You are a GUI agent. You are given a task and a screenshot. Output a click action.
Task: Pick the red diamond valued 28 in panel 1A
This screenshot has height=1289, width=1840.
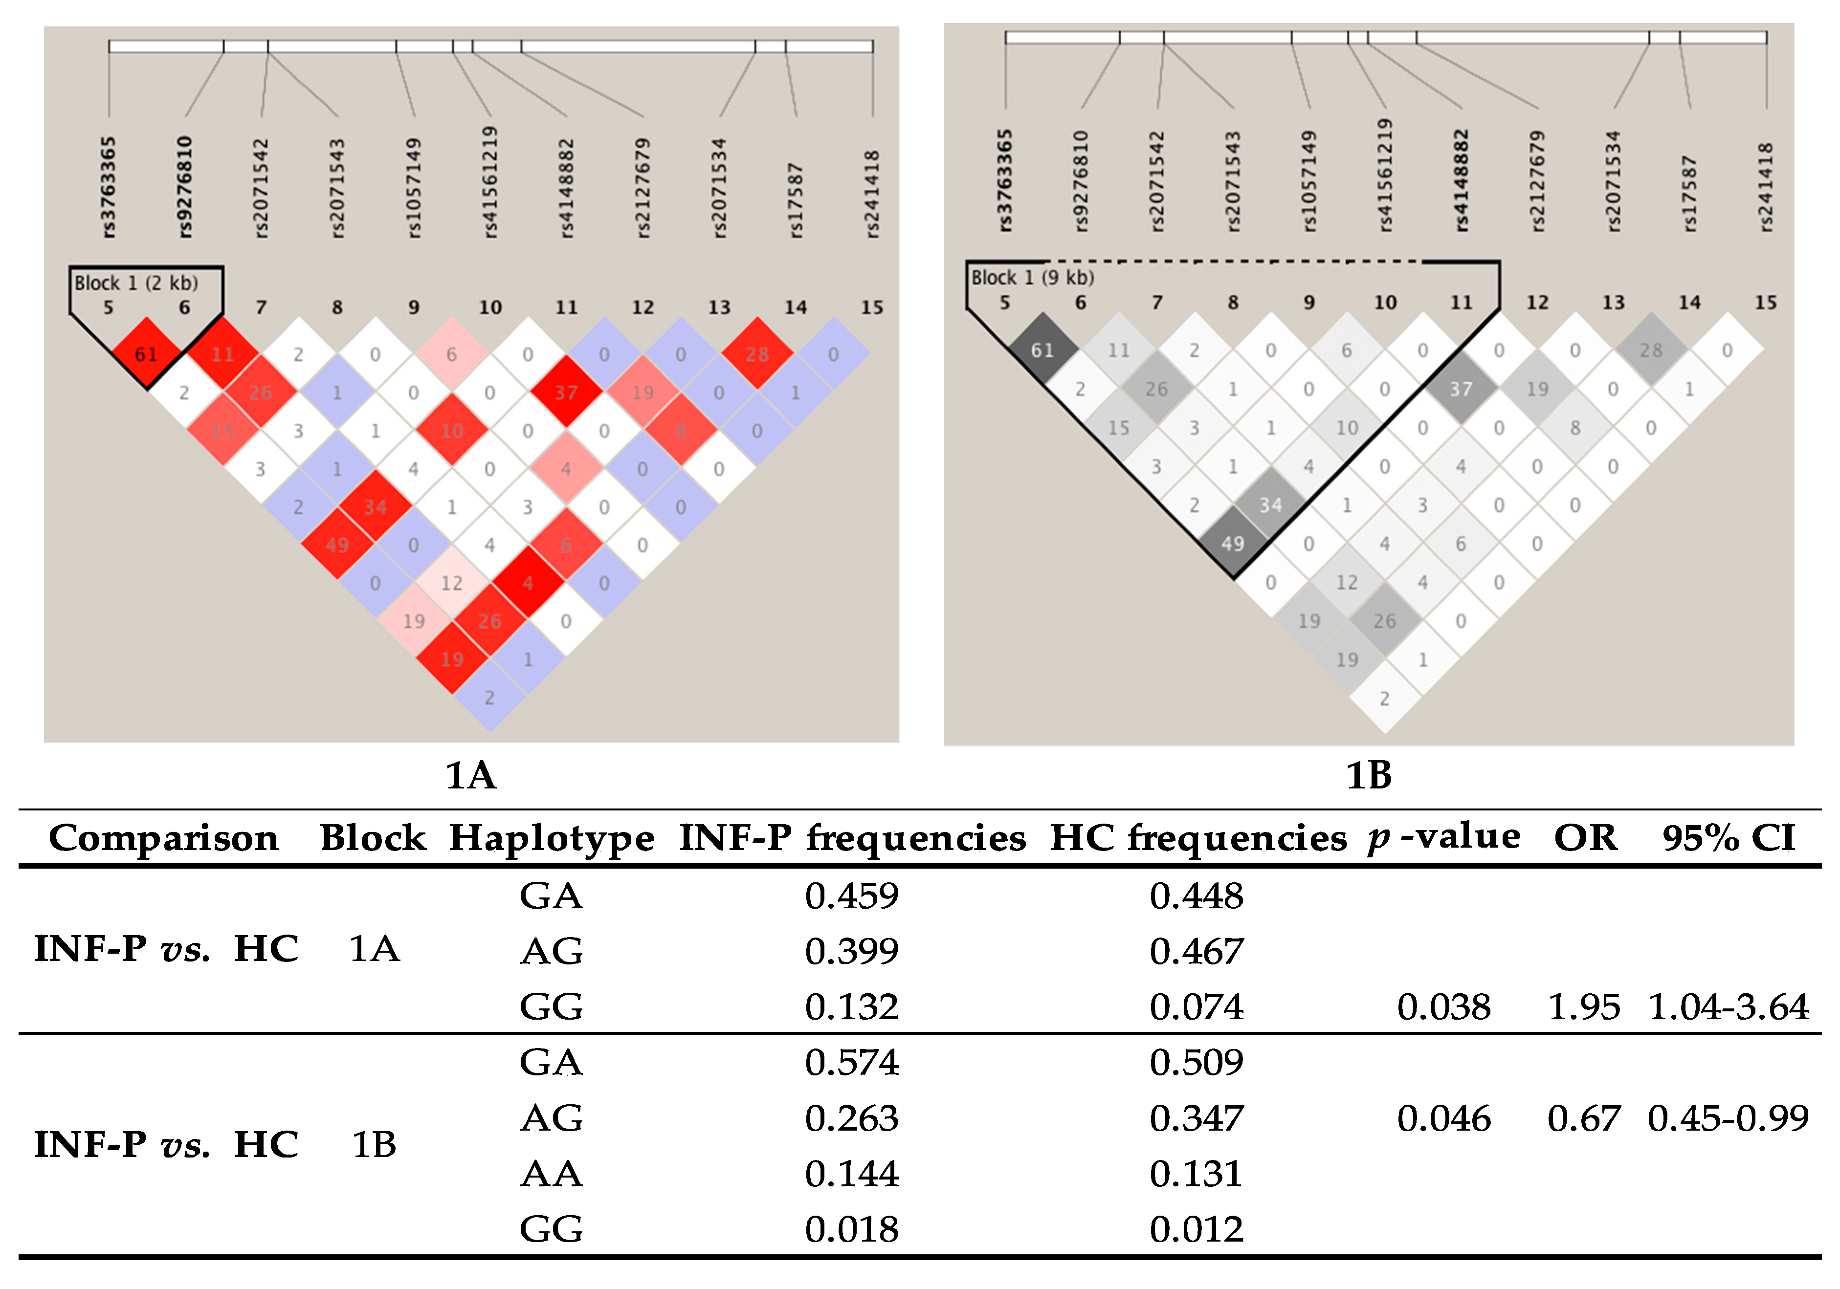pyautogui.click(x=756, y=354)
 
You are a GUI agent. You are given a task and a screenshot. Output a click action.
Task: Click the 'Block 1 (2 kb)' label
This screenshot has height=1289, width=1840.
pyautogui.click(x=136, y=283)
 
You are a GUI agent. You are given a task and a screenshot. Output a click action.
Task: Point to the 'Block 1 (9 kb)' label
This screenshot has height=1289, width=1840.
pyautogui.click(x=1032, y=278)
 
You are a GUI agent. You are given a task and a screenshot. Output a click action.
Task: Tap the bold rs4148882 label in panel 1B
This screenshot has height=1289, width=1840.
pyautogui.click(x=1461, y=181)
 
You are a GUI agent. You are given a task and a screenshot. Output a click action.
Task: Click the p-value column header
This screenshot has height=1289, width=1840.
pyautogui.click(x=1443, y=837)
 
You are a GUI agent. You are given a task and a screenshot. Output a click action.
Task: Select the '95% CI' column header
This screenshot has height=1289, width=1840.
pyautogui.click(x=1728, y=838)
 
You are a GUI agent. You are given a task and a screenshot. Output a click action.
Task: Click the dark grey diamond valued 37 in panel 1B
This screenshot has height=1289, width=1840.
pyautogui.click(x=1460, y=390)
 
